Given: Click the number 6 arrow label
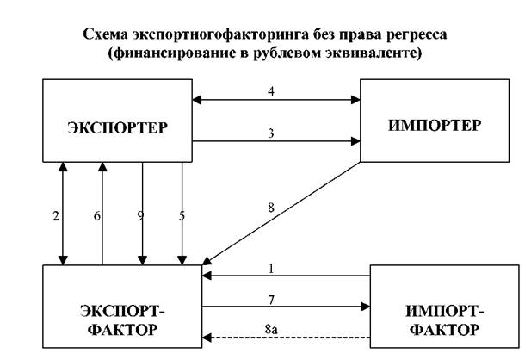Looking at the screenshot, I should click(97, 216).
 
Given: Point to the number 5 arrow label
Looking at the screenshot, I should click(181, 216).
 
